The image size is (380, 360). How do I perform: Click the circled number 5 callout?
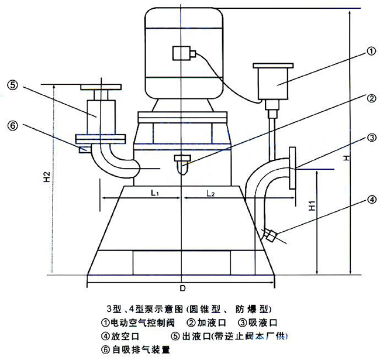[x=13, y=84]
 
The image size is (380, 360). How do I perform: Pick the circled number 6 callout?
[x=13, y=125]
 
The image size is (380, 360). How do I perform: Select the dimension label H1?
[x=312, y=204]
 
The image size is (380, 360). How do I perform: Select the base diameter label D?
[x=182, y=289]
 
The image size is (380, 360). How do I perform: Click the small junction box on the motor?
[x=183, y=54]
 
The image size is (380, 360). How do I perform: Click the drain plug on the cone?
[x=270, y=235]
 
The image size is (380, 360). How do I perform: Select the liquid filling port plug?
[x=182, y=160]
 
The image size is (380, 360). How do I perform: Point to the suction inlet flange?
[x=292, y=169]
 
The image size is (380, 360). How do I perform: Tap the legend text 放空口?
[x=125, y=337]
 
